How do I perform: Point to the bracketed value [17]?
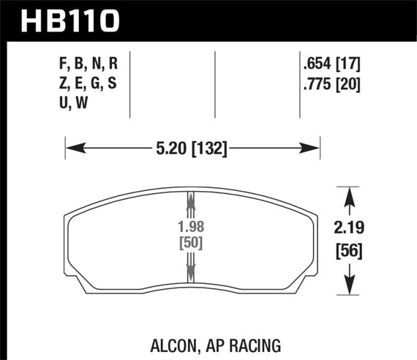tap(350, 64)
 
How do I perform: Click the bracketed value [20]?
tap(350, 83)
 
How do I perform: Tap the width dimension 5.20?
tap(169, 149)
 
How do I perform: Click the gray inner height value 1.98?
tap(190, 227)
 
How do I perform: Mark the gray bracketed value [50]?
tap(190, 243)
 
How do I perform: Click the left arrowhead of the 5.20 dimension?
tap(71, 149)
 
